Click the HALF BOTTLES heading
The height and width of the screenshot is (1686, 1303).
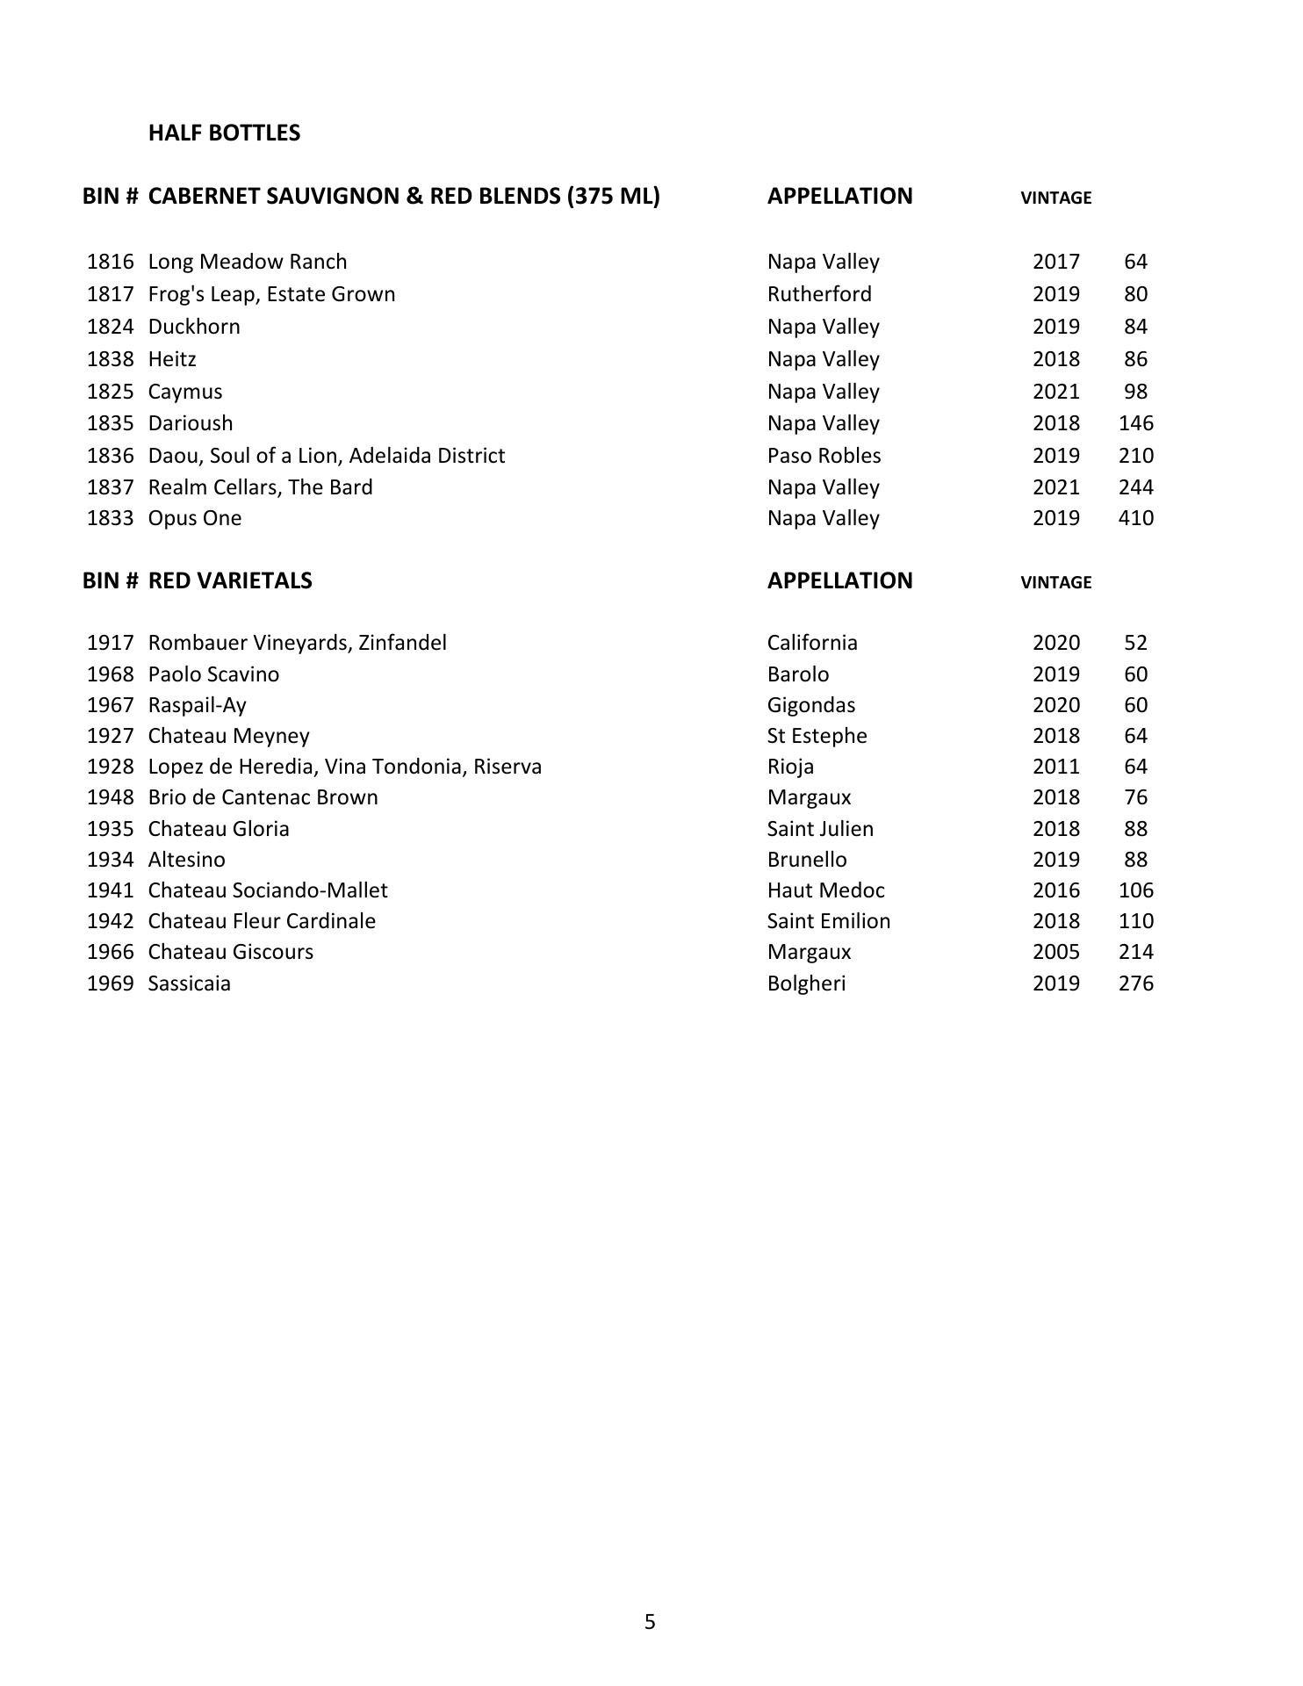click(224, 133)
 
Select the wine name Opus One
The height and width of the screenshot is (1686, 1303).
click(194, 518)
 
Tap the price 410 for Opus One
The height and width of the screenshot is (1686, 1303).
click(1135, 518)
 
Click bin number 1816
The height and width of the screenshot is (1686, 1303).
click(110, 262)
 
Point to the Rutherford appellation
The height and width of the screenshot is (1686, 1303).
click(819, 294)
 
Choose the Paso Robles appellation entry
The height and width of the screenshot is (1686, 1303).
click(824, 456)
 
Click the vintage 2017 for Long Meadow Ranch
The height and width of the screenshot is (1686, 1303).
click(1055, 262)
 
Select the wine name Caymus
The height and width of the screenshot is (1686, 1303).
click(184, 392)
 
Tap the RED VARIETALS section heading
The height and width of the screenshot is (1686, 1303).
click(230, 580)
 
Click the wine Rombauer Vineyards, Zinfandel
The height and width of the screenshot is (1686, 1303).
click(297, 643)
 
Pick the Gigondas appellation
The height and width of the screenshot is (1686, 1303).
click(810, 705)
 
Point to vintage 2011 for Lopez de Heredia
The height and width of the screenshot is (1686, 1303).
click(1055, 767)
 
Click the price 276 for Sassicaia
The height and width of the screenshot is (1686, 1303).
click(1135, 983)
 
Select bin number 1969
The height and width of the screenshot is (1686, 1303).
click(110, 983)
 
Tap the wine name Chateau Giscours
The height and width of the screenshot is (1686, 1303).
click(230, 952)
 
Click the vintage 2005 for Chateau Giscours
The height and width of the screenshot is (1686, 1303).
click(1055, 952)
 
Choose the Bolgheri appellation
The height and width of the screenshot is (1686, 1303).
click(806, 983)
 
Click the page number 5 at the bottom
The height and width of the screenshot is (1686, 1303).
click(650, 1622)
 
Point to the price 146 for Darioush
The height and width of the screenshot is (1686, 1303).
click(1135, 423)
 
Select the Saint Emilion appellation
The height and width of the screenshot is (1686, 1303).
click(828, 921)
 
